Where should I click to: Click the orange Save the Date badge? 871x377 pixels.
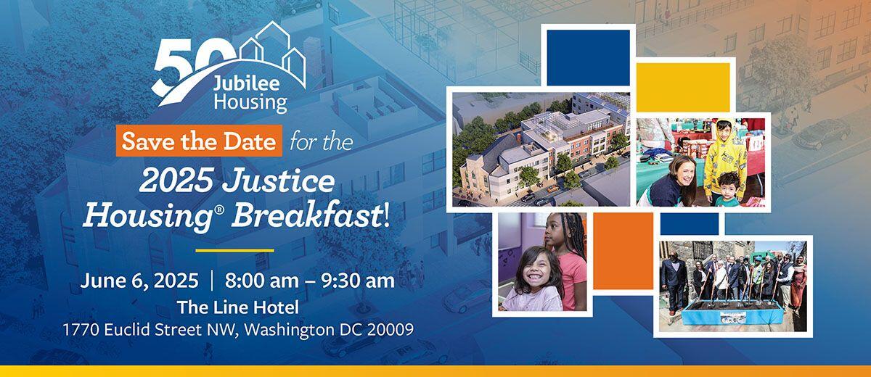(198, 141)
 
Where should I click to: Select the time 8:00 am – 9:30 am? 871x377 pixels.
(310, 281)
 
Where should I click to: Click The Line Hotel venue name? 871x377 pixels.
(238, 307)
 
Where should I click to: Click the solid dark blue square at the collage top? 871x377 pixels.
(588, 57)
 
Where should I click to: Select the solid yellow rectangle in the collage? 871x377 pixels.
(683, 87)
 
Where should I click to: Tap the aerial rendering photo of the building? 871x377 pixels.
(541, 149)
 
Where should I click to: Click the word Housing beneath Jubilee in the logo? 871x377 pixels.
(250, 101)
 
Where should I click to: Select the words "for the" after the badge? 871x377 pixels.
(320, 141)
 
